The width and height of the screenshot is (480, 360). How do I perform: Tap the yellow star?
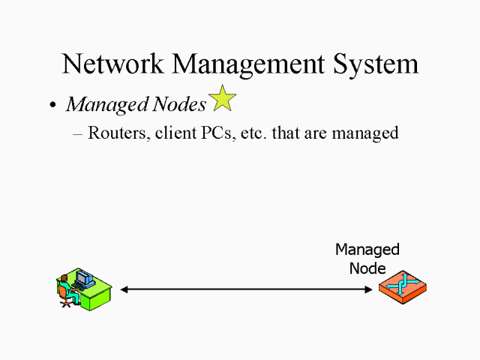click(x=222, y=98)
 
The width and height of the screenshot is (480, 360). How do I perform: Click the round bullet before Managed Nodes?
click(x=52, y=106)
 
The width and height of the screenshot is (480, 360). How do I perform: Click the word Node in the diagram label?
click(x=367, y=268)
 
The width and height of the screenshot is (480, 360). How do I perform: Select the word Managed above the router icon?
click(x=367, y=250)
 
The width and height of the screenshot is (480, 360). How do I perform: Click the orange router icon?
click(x=402, y=287)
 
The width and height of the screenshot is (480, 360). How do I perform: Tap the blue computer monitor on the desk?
click(x=84, y=279)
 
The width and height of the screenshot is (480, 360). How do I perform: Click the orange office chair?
click(x=68, y=301)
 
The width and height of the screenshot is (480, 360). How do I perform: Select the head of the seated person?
click(x=65, y=279)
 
